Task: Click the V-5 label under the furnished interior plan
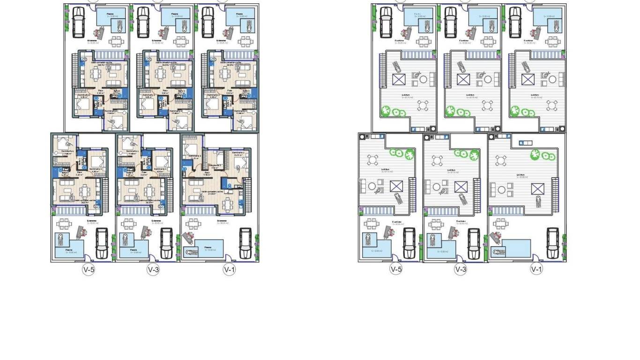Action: pyautogui.click(x=89, y=270)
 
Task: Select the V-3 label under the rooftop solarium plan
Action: pyautogui.click(x=461, y=270)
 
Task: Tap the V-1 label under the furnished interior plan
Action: pyautogui.click(x=229, y=270)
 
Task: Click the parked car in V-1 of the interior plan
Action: pyautogui.click(x=245, y=243)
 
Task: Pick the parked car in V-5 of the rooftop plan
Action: pyautogui.click(x=409, y=243)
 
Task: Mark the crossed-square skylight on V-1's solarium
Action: pyautogui.click(x=537, y=189)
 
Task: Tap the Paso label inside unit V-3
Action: pyautogui.click(x=144, y=172)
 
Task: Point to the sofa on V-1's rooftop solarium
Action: pyautogui.click(x=493, y=190)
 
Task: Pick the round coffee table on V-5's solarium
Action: pyautogui.click(x=372, y=186)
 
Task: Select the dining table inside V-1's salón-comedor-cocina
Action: pyautogui.click(x=228, y=204)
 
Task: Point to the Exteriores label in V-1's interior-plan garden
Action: pyautogui.click(x=222, y=220)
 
